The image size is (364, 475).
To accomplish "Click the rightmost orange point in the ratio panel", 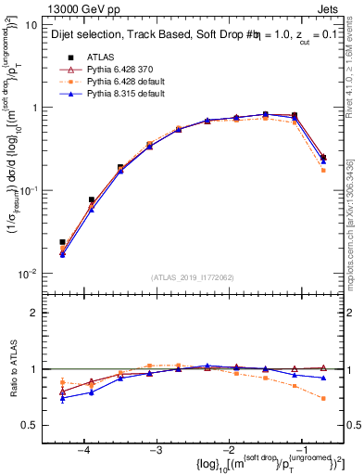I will [323, 398].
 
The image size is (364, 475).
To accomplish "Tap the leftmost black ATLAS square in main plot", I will [62, 242].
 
